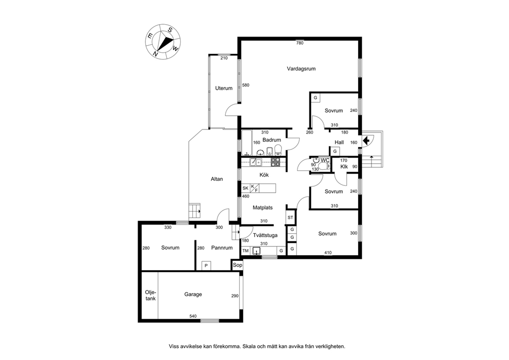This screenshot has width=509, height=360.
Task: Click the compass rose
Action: (x=163, y=42)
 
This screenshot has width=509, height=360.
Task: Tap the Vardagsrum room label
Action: (x=301, y=69)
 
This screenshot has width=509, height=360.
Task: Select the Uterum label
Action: (x=224, y=88)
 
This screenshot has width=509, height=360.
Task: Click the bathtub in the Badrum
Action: (x=247, y=143)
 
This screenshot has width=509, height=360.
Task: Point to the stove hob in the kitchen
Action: (x=276, y=162)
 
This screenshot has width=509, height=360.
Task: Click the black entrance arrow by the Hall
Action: (x=366, y=141)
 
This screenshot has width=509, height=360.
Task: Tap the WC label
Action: (x=325, y=160)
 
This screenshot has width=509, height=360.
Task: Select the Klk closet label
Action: (x=344, y=167)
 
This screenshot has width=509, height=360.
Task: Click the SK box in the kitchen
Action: (x=245, y=188)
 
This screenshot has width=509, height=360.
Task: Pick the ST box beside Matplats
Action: (x=290, y=217)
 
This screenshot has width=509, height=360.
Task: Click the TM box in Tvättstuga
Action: (x=245, y=251)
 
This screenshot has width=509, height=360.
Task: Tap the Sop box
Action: (x=237, y=265)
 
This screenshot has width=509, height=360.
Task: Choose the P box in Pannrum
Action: (x=206, y=266)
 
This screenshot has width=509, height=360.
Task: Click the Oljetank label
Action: (x=150, y=295)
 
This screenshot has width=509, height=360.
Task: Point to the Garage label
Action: (x=193, y=294)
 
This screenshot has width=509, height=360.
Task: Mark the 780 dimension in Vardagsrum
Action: (x=300, y=43)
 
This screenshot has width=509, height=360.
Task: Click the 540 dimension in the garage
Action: (x=193, y=316)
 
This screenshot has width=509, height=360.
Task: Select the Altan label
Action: (x=217, y=179)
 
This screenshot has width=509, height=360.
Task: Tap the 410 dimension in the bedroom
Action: (x=328, y=253)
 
